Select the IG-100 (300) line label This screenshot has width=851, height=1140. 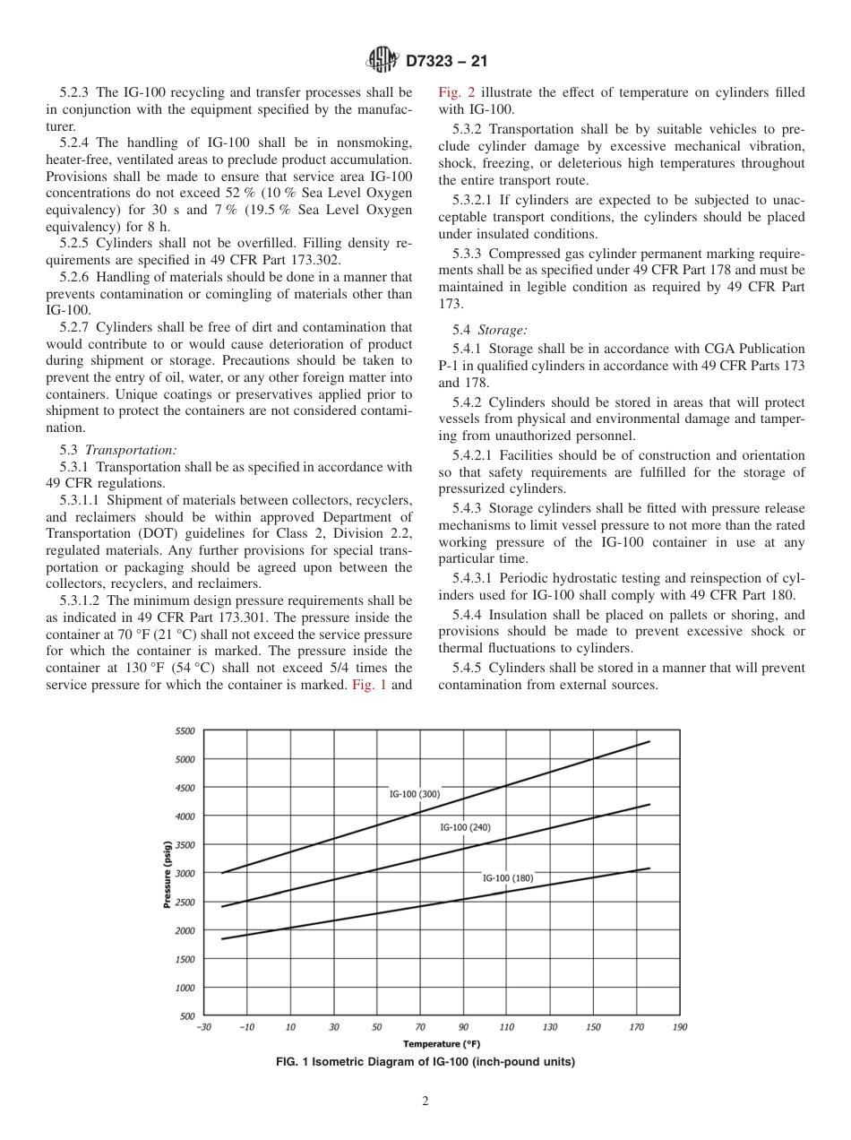(x=414, y=794)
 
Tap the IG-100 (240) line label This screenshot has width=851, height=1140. (x=465, y=827)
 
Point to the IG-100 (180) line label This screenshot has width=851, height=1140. (x=508, y=878)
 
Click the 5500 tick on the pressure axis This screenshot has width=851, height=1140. (x=185, y=731)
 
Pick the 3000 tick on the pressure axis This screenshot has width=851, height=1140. (x=185, y=874)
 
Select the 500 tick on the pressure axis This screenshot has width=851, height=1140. (x=186, y=1016)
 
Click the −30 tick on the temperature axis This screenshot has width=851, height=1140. (x=204, y=1027)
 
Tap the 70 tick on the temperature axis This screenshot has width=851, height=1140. (x=420, y=1027)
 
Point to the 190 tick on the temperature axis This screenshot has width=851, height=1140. (x=680, y=1027)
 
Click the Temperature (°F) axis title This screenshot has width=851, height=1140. (x=442, y=1043)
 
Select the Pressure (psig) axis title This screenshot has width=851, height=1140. (x=168, y=874)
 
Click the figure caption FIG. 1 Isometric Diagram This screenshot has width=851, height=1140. (x=425, y=1062)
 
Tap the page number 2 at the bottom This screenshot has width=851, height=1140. (x=425, y=1101)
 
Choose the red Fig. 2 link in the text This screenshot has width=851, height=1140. (x=452, y=92)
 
